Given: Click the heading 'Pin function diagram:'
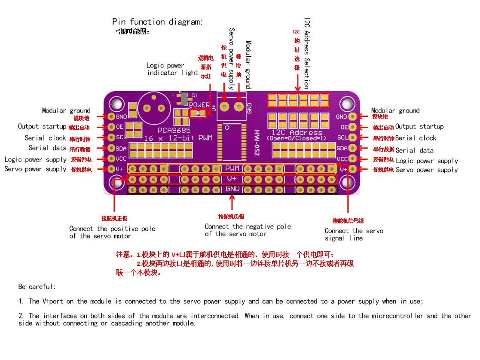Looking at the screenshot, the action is point(157,22).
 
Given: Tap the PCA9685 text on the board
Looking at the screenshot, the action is point(174,131).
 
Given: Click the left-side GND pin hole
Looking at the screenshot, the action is point(111,116).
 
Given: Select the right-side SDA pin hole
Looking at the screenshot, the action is point(352,148).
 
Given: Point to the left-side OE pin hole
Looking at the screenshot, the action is point(111,127).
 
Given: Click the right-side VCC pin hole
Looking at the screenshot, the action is point(352,159).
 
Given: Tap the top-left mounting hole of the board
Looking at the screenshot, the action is point(117,104).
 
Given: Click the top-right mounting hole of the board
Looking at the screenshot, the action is point(347,104).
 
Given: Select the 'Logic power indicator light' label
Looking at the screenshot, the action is point(172,69).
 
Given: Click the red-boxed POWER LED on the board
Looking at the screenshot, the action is point(199,113).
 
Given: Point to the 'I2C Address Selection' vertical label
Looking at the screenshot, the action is point(307,54).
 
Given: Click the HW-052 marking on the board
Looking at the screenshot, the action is point(257,143).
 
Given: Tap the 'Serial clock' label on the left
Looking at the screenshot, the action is point(45,138).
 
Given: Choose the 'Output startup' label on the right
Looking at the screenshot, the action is point(419,127).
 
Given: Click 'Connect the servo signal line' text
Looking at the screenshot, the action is point(354,235).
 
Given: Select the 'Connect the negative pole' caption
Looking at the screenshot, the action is point(248,226).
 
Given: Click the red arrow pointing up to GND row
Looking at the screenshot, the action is point(232,202).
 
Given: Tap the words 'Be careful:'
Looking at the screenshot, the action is point(37,287).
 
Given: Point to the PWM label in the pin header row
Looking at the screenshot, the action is point(232,168).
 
